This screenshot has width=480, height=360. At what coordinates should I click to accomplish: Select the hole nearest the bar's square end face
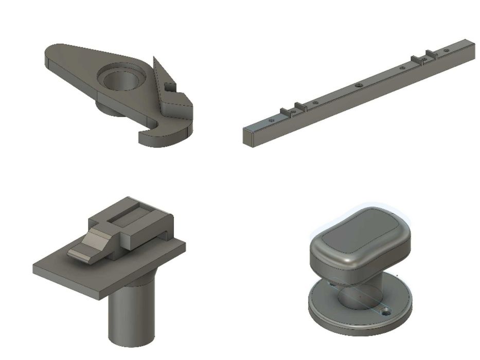[272, 120]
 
